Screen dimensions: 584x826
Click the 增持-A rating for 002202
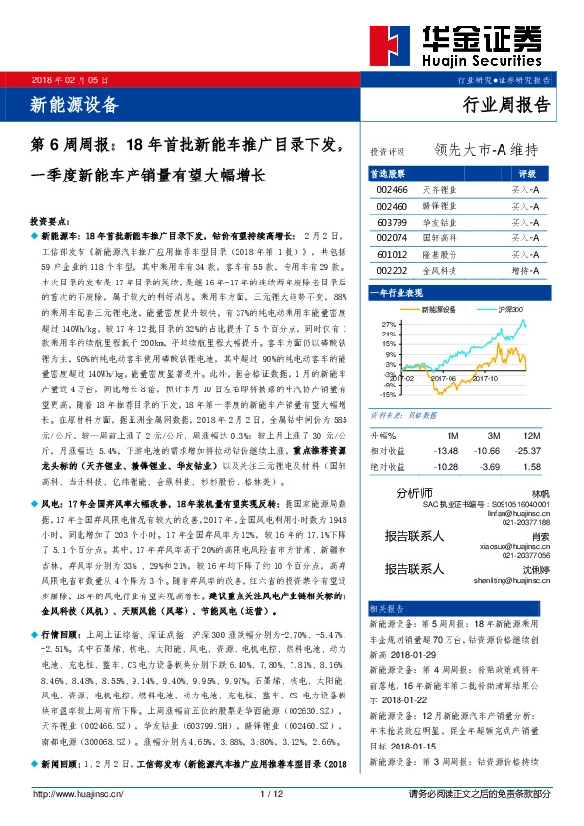click(x=525, y=270)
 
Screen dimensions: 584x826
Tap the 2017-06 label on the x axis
click(x=444, y=376)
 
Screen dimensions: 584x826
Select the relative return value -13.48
click(x=446, y=450)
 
